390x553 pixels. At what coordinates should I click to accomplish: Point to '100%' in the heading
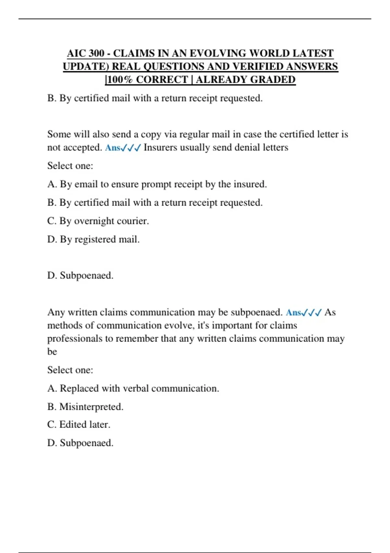tap(120, 80)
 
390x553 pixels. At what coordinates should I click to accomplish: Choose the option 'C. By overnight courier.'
tap(98, 221)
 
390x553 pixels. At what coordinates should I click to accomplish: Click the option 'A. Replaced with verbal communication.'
tap(133, 388)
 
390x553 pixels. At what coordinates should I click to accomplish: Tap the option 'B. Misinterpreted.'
tap(85, 407)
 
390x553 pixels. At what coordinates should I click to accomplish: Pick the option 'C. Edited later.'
tap(79, 425)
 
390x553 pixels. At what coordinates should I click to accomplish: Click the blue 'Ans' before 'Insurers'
tap(112, 148)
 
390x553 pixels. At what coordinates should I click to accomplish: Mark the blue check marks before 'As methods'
tap(312, 313)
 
